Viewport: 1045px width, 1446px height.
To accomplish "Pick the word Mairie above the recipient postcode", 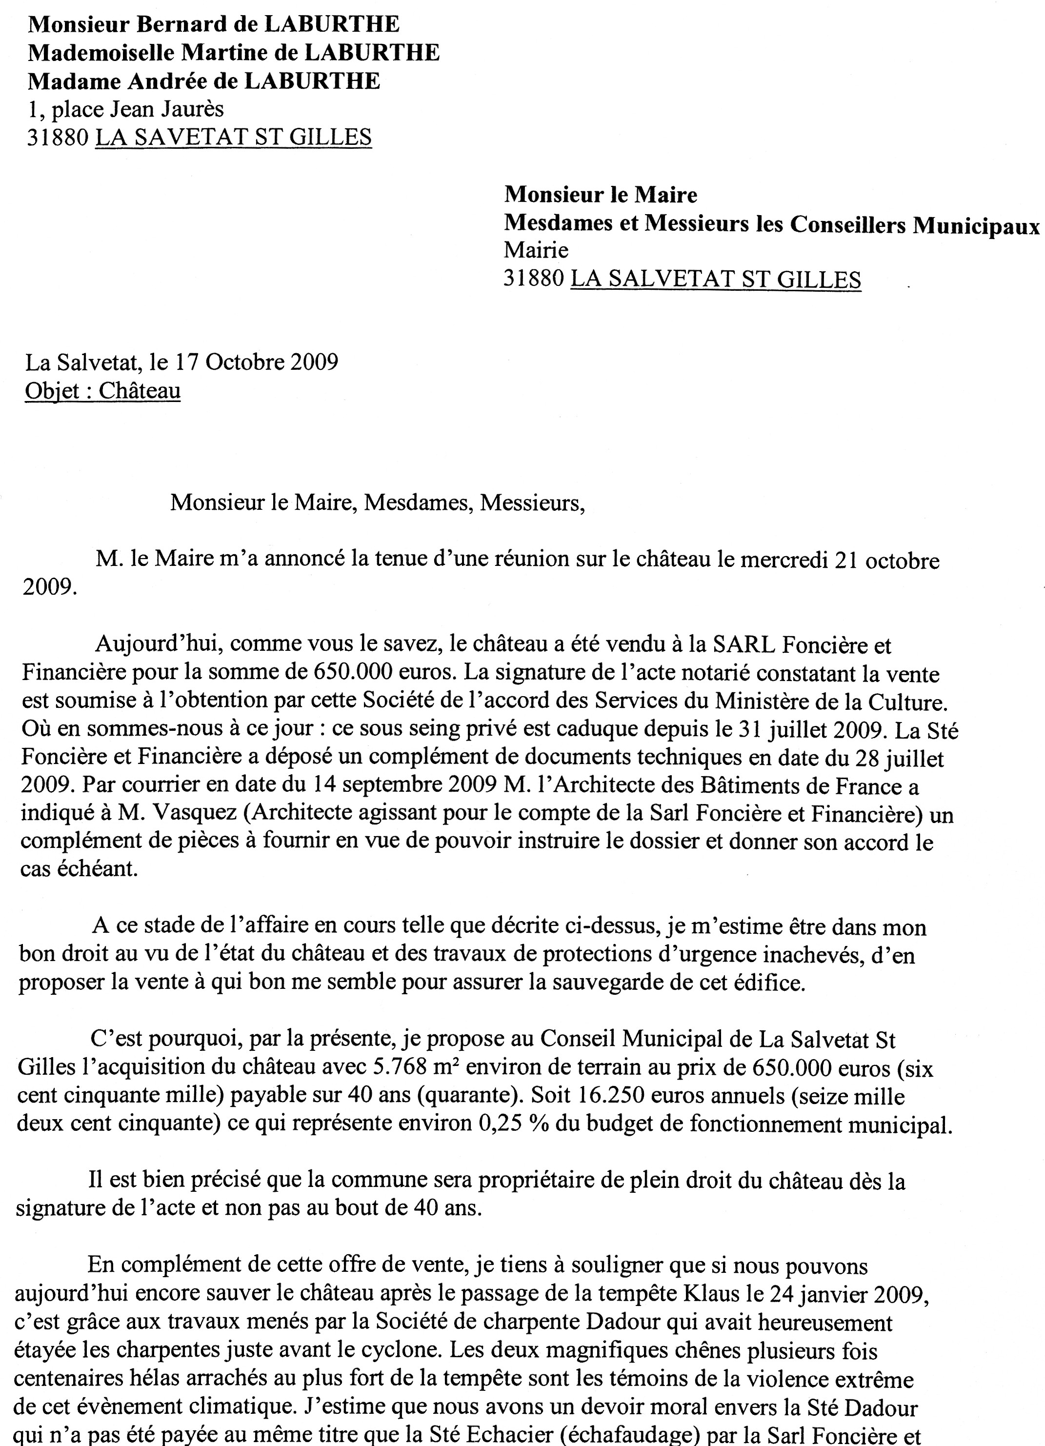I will point(536,250).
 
